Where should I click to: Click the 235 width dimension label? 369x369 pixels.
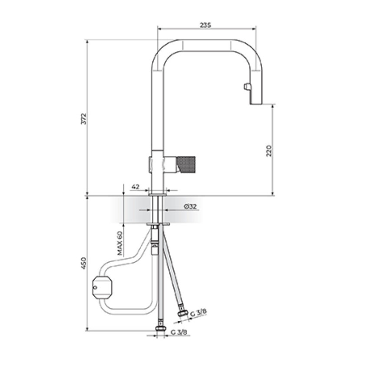tap(205, 25)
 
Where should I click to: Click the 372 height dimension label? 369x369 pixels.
tap(84, 119)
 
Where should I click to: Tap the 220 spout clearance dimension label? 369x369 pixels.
tap(269, 151)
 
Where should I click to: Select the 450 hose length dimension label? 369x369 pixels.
tap(84, 264)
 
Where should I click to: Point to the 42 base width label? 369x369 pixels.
tap(135, 187)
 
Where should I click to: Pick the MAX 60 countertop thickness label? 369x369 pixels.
tap(120, 243)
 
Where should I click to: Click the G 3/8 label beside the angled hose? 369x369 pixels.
tap(198, 313)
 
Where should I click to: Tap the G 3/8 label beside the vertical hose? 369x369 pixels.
tap(179, 332)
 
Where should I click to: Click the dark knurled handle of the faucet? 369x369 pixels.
tap(186, 164)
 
